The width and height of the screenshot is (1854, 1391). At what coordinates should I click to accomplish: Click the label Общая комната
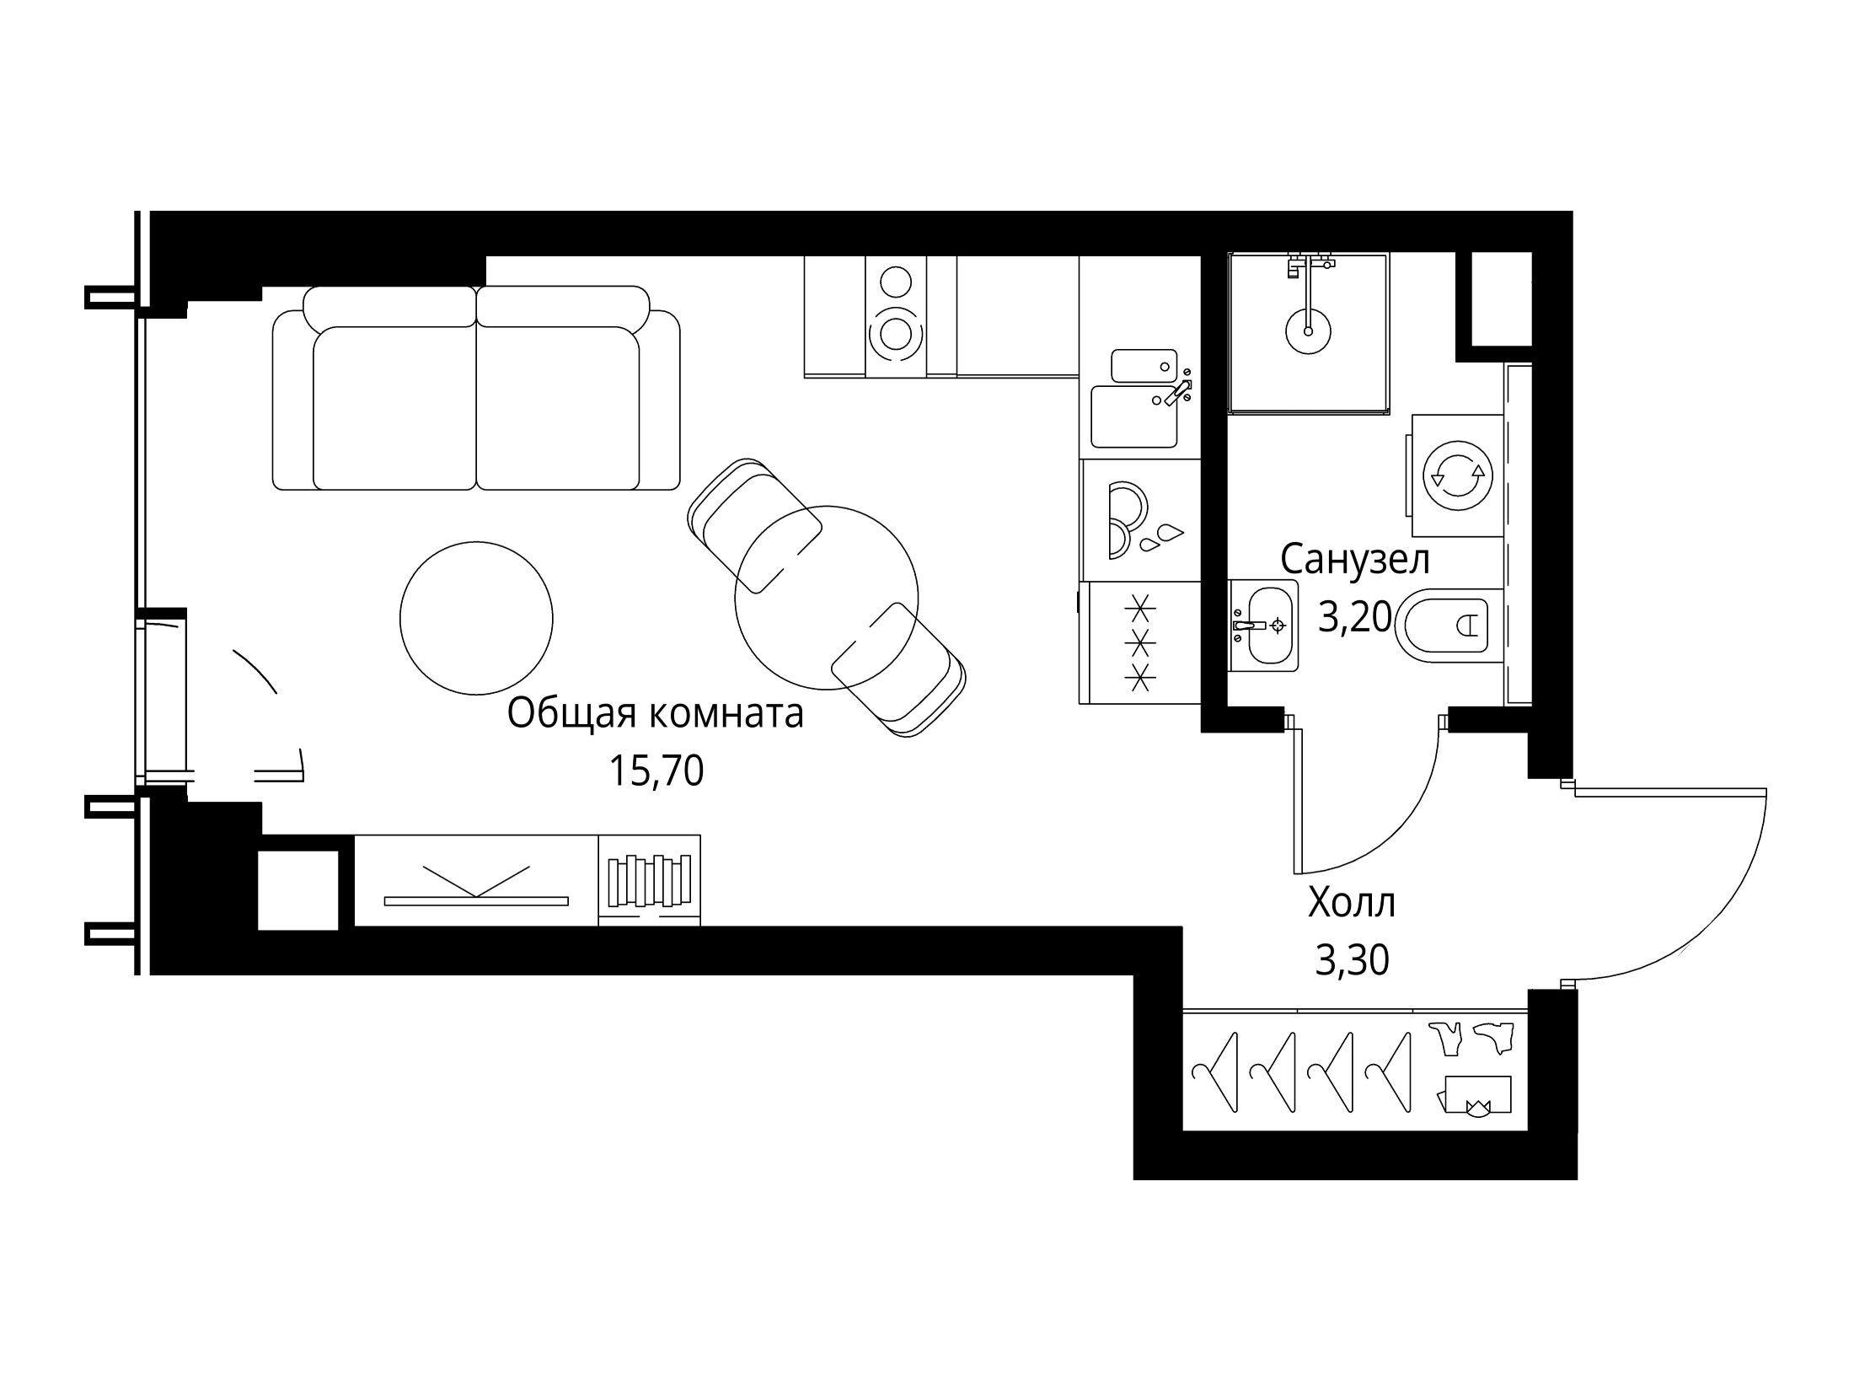coord(655,714)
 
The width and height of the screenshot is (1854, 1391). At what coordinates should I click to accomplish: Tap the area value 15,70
coord(656,771)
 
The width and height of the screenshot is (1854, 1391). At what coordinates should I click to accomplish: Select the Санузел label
coord(1355,559)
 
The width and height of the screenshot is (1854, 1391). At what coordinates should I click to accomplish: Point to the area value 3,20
coord(1354,618)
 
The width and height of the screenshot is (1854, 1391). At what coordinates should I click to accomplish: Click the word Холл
coord(1352,903)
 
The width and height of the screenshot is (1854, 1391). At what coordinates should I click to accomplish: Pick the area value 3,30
coord(1352,960)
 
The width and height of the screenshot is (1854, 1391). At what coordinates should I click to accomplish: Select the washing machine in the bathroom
coord(1457,475)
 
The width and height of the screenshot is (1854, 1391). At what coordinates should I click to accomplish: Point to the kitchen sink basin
coord(1134,416)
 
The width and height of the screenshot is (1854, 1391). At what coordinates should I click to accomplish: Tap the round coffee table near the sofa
coord(476,618)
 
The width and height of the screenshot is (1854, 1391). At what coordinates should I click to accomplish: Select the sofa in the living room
coord(476,388)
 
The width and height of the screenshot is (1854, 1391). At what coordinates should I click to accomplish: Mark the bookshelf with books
coord(649,880)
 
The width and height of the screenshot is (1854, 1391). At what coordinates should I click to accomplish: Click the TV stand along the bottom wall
coord(476,880)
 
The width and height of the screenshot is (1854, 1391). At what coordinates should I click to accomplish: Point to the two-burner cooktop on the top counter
coord(896,316)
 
